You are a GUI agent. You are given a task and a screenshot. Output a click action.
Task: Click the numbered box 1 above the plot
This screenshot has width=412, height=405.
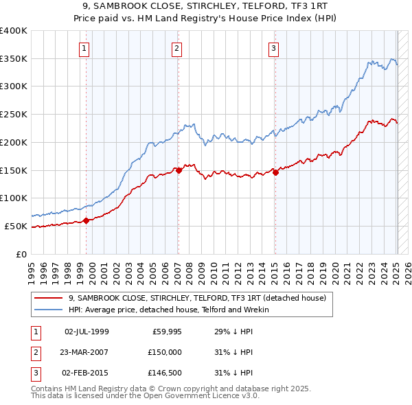pos(84,48)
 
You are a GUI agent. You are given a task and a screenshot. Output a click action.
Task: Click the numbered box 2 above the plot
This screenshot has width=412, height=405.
pos(177,48)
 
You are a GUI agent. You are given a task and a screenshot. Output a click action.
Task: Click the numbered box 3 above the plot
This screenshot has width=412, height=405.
pos(273,48)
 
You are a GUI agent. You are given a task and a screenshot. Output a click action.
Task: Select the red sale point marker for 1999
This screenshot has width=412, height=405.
pos(87,220)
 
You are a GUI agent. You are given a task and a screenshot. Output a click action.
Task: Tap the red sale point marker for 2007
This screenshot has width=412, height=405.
pos(179,170)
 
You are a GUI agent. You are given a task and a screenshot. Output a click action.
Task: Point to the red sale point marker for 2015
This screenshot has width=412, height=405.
pos(275,172)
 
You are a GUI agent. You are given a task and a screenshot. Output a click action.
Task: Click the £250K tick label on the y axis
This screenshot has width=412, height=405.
pos(14,114)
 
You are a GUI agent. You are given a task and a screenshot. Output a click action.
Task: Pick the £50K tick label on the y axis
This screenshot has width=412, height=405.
pos(16,226)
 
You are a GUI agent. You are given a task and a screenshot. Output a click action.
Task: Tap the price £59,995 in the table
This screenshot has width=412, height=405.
pos(167,332)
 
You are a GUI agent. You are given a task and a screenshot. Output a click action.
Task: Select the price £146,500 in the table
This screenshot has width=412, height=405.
pos(165,373)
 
